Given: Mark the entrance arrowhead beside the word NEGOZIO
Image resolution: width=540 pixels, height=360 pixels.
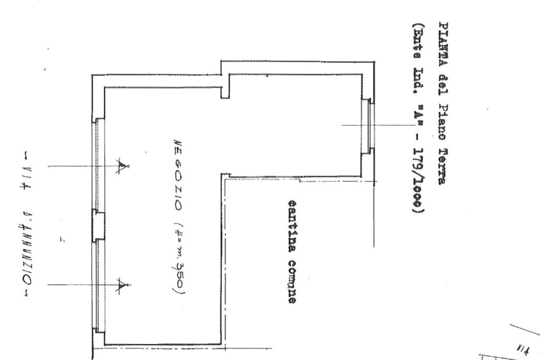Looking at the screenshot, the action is [123, 167].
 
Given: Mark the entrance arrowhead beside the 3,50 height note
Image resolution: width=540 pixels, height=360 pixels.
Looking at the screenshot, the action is [123, 285].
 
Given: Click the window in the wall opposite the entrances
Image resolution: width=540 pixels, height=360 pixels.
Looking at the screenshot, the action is [369, 125].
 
